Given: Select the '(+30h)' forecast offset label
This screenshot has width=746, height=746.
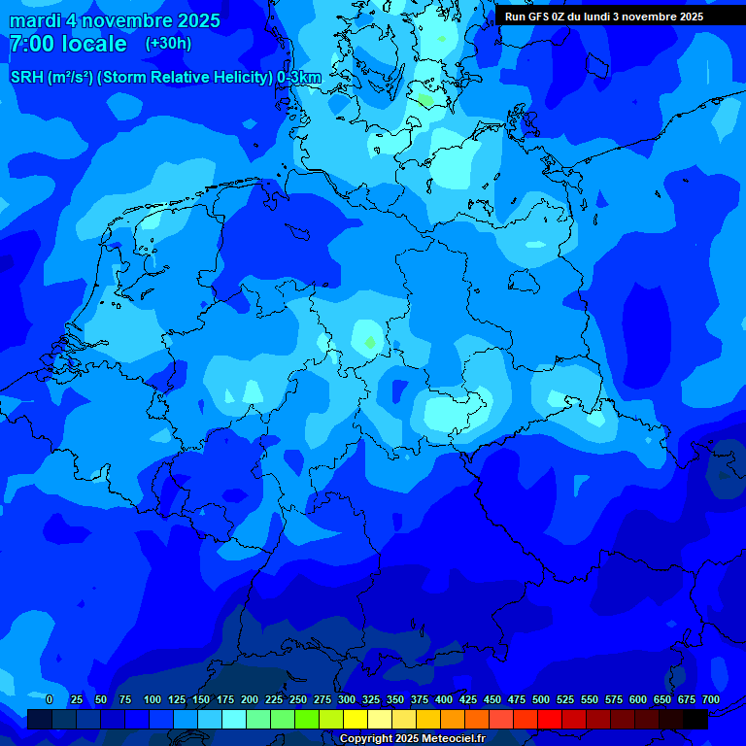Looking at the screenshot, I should coord(168,44).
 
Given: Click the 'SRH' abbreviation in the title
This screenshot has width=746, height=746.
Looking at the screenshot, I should coord(26,78).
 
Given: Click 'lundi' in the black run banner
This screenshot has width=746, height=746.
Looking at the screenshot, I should coord(610,17).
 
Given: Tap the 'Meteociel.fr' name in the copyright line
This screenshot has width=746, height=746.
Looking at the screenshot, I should coord(449,739).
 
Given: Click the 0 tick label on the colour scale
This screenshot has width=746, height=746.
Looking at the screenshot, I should coord(50,699).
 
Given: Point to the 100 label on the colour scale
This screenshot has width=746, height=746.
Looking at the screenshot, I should coord(153,699).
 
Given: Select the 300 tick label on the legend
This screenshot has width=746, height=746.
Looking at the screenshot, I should coord(347,699).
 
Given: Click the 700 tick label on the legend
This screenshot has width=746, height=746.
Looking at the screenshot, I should coord(711,699).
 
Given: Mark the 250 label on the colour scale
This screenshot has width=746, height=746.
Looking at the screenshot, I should coord(298,699).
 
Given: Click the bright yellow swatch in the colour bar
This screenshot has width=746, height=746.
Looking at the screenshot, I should coord(356,720).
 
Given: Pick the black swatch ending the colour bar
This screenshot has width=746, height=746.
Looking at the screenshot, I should coord(695,720).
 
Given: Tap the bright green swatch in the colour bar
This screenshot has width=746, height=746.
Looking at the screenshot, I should coord(307,720).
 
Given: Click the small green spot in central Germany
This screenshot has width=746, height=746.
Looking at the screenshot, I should coord(369,342).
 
